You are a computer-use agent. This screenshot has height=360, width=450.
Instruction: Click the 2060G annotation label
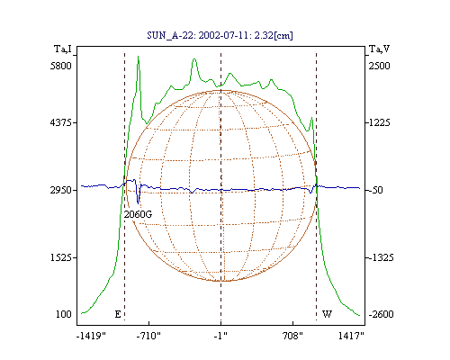pos(138,214)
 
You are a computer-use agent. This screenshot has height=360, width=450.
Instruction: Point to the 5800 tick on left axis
pos(61,66)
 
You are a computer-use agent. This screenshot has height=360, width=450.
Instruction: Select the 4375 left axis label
pos(61,122)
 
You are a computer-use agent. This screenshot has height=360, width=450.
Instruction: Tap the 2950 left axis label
pos(61,190)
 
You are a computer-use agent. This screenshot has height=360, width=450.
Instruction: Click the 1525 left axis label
pos(61,257)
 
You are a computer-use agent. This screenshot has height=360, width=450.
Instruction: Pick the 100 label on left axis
pos(64,314)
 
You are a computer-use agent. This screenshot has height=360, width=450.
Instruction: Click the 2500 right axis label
pos(379,66)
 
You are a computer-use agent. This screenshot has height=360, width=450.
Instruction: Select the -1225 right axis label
pos(379,122)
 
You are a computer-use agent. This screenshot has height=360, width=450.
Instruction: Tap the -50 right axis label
pos(376,190)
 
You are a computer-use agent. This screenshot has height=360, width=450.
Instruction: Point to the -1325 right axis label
pos(381,257)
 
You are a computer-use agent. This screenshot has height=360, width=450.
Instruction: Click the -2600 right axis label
pos(381,314)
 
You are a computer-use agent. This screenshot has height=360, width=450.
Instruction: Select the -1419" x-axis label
pos(91,336)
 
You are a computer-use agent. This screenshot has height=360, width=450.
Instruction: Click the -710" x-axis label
pos(148,336)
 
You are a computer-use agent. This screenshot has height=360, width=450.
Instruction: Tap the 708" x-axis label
pos(292,336)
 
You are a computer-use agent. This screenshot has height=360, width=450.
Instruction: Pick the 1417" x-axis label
pos(351,336)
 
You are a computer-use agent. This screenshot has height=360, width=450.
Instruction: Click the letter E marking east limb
pos(118,314)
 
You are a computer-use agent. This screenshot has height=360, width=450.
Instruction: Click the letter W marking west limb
pos(327,314)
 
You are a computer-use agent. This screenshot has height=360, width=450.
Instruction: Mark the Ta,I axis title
pos(63,49)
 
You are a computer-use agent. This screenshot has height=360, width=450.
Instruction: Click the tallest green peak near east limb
pos(138,57)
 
